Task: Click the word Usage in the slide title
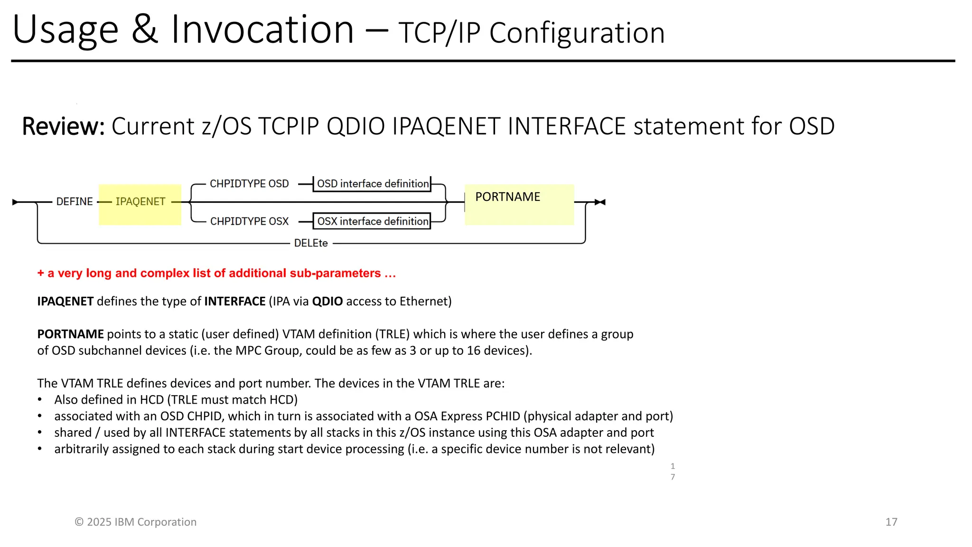pos(65,30)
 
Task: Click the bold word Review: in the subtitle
pos(63,126)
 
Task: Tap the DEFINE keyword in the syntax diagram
pos(75,201)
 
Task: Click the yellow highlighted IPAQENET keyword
pos(140,201)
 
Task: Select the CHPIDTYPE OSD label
pos(249,184)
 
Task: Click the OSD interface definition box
pos(372,184)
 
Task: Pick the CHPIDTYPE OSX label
pos(249,221)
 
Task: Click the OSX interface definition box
pos(372,221)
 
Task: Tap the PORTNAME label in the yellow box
pos(507,197)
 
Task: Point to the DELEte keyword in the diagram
pos(311,243)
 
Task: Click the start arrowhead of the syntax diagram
pos(15,202)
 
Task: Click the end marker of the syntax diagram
pos(600,202)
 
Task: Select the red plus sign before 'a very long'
pos(41,273)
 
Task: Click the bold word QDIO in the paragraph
pos(327,302)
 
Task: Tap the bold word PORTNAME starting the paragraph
pos(70,334)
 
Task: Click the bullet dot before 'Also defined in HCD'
pos(40,400)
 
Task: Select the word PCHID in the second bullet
pos(504,416)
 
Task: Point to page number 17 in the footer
pos(891,522)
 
